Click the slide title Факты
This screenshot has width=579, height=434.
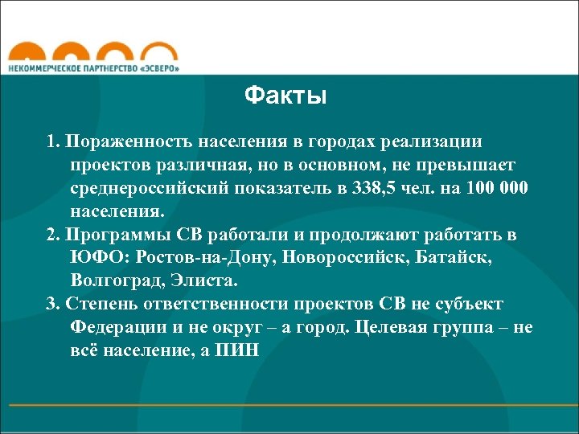(285, 97)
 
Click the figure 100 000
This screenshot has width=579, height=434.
(496, 188)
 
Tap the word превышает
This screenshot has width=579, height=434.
(468, 165)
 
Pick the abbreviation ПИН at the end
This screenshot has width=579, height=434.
(239, 352)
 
